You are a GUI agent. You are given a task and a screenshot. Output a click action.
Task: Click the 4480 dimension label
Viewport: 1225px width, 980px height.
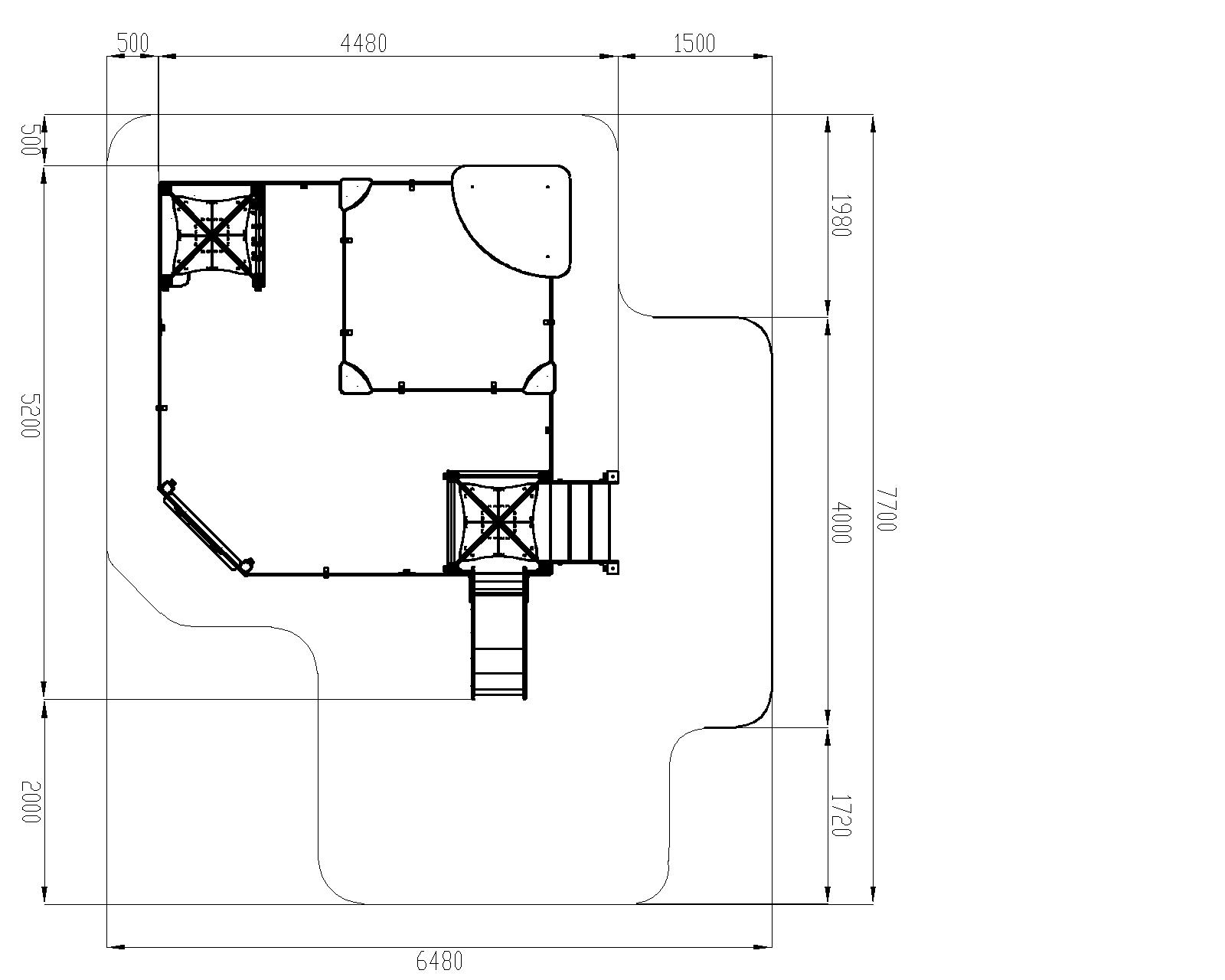pyautogui.click(x=363, y=44)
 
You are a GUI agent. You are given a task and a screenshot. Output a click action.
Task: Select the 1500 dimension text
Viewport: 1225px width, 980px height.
pyautogui.click(x=694, y=44)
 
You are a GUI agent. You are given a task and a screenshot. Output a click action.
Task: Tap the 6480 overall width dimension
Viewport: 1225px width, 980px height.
pyautogui.click(x=439, y=962)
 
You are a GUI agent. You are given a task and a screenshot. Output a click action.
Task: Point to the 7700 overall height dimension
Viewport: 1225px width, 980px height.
pyautogui.click(x=887, y=509)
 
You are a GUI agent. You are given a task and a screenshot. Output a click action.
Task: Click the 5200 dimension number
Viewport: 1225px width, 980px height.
pyautogui.click(x=31, y=416)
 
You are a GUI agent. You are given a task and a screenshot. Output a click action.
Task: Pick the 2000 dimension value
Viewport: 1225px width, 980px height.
pyautogui.click(x=31, y=802)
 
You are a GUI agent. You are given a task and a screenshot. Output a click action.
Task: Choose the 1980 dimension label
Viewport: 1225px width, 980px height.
pyautogui.click(x=841, y=215)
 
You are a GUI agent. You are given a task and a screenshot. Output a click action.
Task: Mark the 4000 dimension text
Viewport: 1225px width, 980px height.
pyautogui.click(x=841, y=523)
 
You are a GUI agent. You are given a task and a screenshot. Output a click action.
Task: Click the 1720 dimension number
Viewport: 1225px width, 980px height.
pyautogui.click(x=841, y=816)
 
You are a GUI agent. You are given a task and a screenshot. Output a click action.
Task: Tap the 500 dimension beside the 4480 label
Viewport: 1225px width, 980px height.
pyautogui.click(x=132, y=44)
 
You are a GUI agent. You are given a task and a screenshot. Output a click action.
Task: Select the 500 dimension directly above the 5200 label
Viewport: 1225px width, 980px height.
pyautogui.click(x=31, y=140)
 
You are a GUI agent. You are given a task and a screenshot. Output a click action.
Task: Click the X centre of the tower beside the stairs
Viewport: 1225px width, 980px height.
pyautogui.click(x=498, y=521)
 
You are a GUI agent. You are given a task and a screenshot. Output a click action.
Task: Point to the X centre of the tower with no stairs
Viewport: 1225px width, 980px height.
pyautogui.click(x=212, y=234)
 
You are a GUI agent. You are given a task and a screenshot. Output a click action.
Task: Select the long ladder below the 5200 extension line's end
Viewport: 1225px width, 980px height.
pyautogui.click(x=498, y=637)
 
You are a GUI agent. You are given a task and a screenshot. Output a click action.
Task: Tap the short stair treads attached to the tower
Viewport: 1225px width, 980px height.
pyautogui.click(x=580, y=522)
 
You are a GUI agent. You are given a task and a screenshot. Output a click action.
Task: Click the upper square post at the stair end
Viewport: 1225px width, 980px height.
pyautogui.click(x=612, y=477)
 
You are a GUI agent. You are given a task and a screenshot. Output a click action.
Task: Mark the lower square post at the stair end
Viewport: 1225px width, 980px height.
pyautogui.click(x=612, y=567)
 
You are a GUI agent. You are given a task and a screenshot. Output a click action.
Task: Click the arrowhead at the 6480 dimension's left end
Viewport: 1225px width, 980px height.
pyautogui.click(x=116, y=947)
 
